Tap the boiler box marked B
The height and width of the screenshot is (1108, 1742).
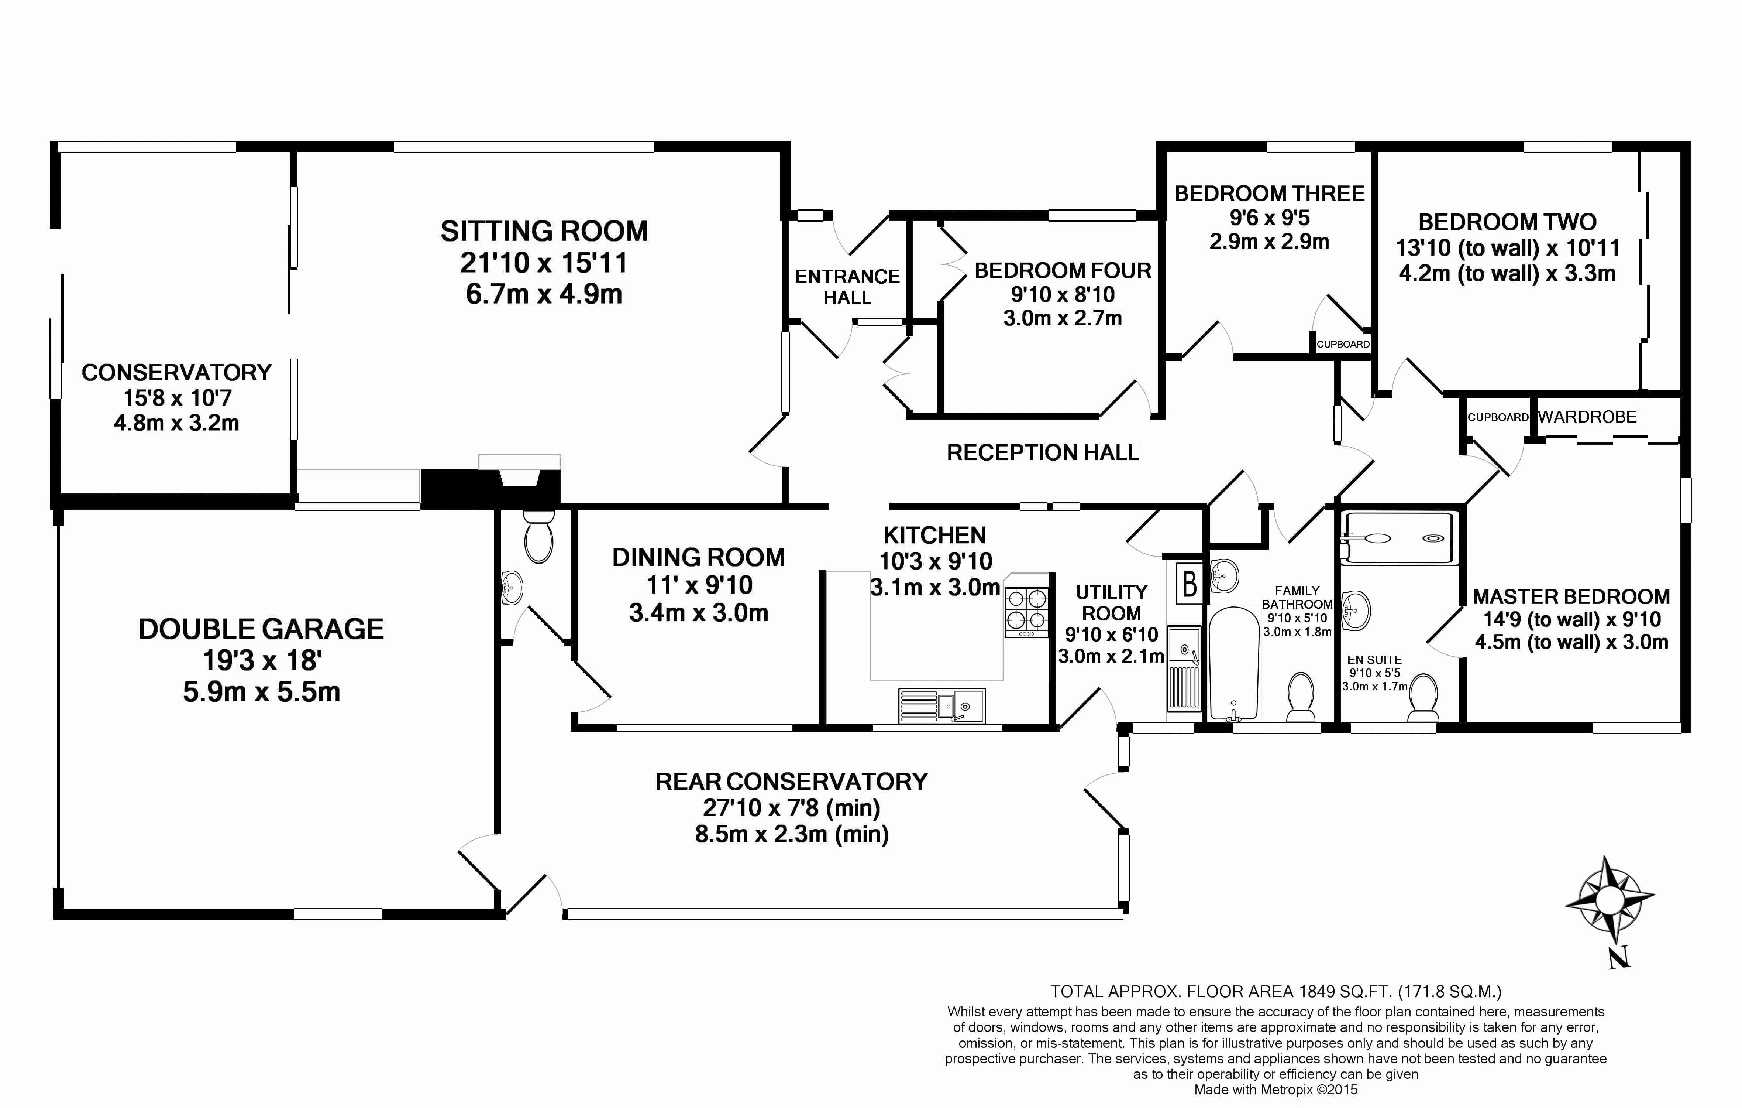pyautogui.click(x=1189, y=583)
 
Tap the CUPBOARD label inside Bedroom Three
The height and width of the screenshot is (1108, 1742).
pyautogui.click(x=1343, y=345)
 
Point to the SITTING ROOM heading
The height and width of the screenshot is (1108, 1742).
pyautogui.click(x=544, y=232)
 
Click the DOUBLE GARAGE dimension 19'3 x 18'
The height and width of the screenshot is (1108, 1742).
pyautogui.click(x=261, y=660)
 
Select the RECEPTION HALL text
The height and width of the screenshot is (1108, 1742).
pyautogui.click(x=1043, y=453)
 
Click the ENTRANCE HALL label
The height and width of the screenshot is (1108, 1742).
pyautogui.click(x=847, y=287)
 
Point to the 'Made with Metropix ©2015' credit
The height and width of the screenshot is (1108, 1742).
pyautogui.click(x=1275, y=1089)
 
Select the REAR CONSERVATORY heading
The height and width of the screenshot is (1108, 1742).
pyautogui.click(x=791, y=782)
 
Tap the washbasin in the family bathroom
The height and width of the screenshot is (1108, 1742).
pyautogui.click(x=1223, y=576)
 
